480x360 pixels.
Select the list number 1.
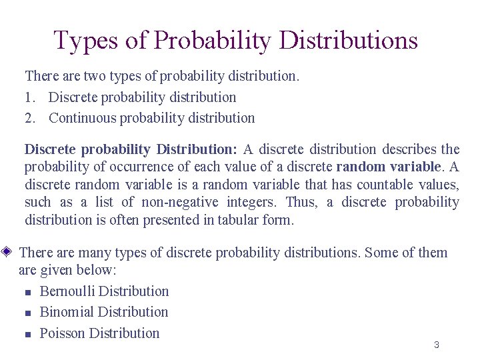point(29,97)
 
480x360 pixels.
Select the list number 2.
point(29,118)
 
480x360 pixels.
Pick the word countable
point(383,184)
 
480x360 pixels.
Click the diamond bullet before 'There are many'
point(7,252)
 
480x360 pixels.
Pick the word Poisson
point(62,333)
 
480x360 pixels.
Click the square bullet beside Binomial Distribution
point(27,313)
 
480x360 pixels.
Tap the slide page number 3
point(436,345)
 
